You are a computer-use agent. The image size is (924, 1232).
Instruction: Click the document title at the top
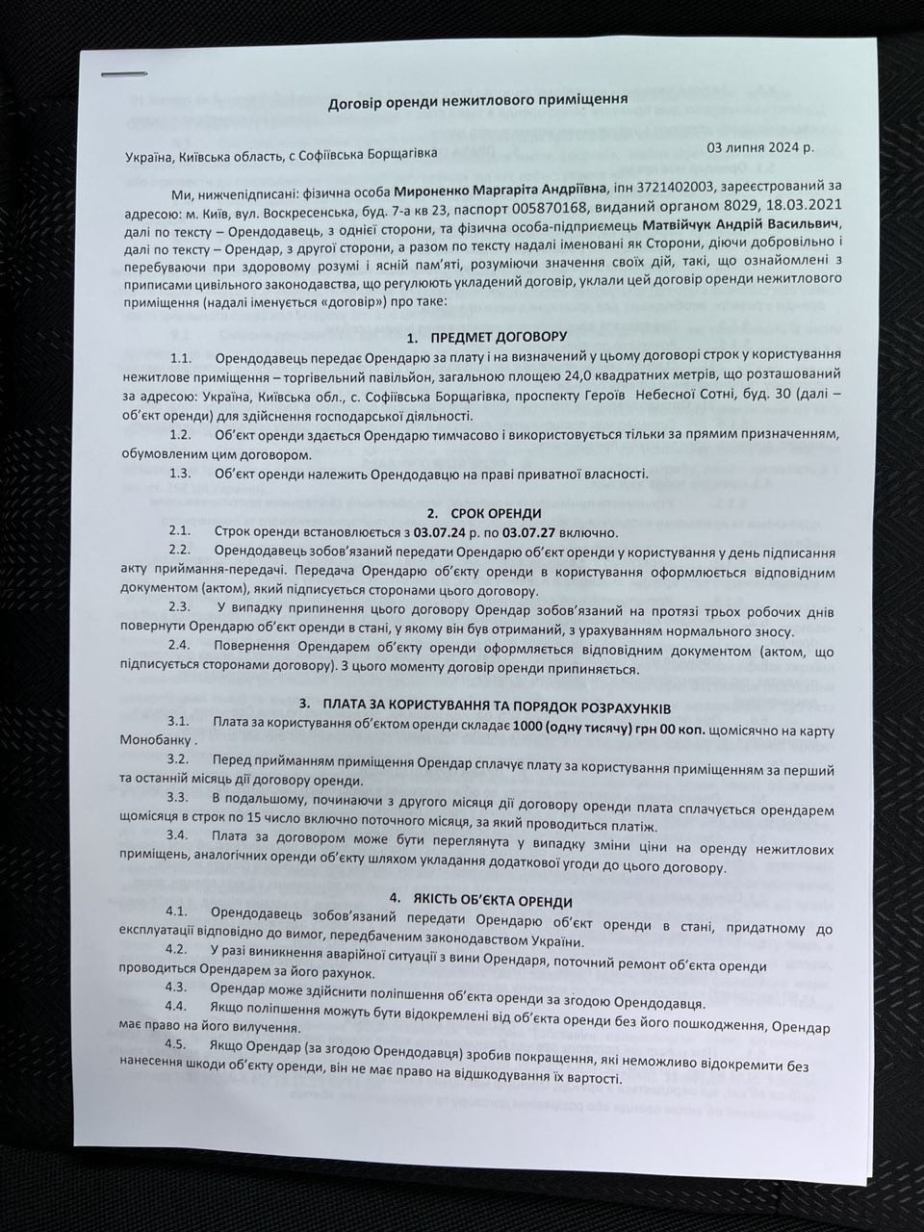pyautogui.click(x=478, y=100)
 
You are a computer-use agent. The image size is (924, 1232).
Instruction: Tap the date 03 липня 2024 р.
pyautogui.click(x=760, y=148)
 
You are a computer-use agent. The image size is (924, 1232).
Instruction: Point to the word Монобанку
pyautogui.click(x=157, y=744)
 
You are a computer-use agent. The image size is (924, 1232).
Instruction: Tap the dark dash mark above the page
pyautogui.click(x=125, y=74)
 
